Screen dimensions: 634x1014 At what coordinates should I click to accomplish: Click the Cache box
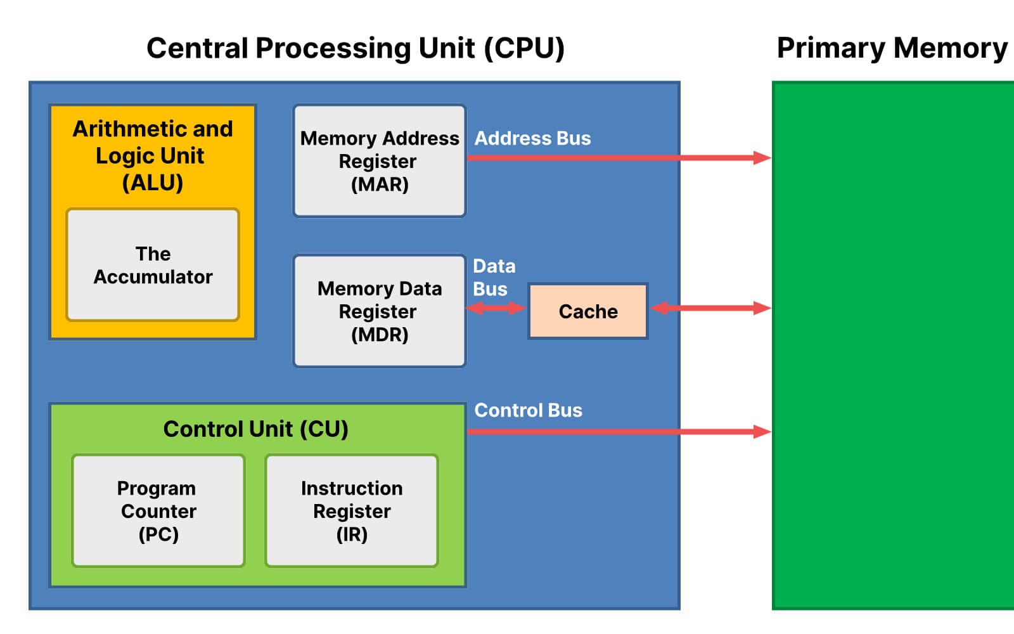587,311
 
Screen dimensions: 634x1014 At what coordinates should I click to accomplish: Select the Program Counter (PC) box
158,510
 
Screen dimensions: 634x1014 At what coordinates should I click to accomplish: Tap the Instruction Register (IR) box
352,510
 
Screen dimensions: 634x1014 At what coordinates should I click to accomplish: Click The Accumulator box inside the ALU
153,265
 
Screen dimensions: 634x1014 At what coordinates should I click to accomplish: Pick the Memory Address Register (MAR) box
379,161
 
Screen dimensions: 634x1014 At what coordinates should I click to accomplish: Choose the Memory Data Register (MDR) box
379,311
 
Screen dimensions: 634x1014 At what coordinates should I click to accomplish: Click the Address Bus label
532,138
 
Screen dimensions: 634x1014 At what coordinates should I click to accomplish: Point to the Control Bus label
528,410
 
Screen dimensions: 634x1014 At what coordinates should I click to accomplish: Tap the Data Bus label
493,277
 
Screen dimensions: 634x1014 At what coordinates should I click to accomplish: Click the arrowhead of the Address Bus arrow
762,158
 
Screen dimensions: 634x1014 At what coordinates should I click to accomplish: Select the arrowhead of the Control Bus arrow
762,432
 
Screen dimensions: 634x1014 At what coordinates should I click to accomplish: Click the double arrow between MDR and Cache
496,308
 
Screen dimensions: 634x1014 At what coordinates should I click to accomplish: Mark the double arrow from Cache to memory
710,308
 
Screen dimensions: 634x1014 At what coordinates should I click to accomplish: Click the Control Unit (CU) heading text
255,429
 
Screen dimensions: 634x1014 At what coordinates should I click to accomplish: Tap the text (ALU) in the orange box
152,183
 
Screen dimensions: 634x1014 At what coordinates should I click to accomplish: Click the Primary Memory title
892,48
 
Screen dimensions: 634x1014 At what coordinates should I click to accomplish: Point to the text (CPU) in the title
523,49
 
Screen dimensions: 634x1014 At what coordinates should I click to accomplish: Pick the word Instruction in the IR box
352,488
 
